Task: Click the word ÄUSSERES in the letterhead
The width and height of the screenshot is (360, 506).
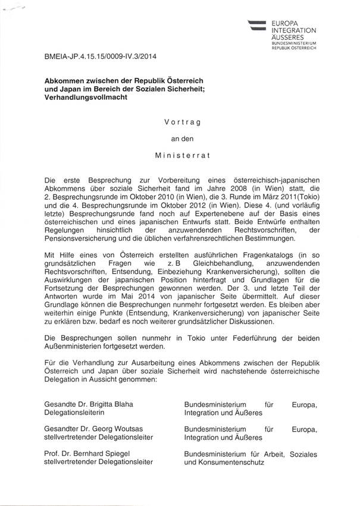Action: point(287,36)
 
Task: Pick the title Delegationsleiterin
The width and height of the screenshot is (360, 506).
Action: point(74,413)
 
